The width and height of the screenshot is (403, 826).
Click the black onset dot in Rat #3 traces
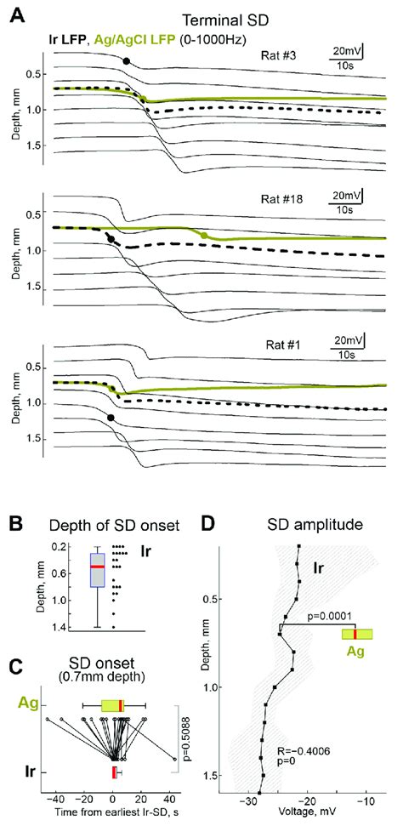pos(127,61)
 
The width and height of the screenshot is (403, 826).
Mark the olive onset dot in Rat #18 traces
pos(204,235)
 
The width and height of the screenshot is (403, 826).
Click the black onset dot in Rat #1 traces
pos(111,417)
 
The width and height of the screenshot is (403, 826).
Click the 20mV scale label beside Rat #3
pos(346,53)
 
